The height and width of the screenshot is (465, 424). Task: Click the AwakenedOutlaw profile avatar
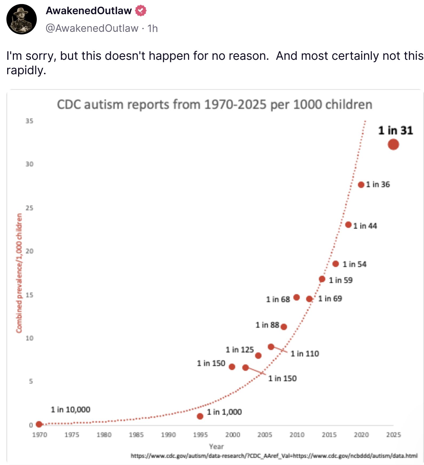[22, 19]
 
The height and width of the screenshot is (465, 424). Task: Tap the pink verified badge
[141, 11]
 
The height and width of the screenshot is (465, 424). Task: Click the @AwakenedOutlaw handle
[92, 28]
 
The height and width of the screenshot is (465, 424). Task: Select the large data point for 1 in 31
[393, 144]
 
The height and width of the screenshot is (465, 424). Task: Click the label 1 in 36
[378, 184]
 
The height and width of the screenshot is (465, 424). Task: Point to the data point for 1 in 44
[348, 225]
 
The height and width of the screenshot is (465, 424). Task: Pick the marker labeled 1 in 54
[336, 264]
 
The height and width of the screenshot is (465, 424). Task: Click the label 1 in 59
[340, 280]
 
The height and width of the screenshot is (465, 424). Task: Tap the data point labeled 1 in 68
[296, 297]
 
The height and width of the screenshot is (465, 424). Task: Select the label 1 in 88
[267, 325]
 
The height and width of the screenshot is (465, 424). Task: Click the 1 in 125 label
[240, 350]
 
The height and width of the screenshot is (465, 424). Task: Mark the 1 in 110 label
[305, 354]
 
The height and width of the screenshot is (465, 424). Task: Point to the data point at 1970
[39, 424]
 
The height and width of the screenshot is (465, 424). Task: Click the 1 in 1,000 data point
[200, 416]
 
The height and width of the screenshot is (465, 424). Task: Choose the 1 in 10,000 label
[70, 409]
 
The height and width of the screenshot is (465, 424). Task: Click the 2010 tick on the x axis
[297, 435]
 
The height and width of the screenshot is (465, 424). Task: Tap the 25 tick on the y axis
[29, 208]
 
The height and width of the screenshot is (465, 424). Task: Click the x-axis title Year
[216, 446]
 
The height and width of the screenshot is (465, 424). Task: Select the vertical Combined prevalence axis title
[19, 273]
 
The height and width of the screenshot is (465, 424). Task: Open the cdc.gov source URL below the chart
[274, 456]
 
